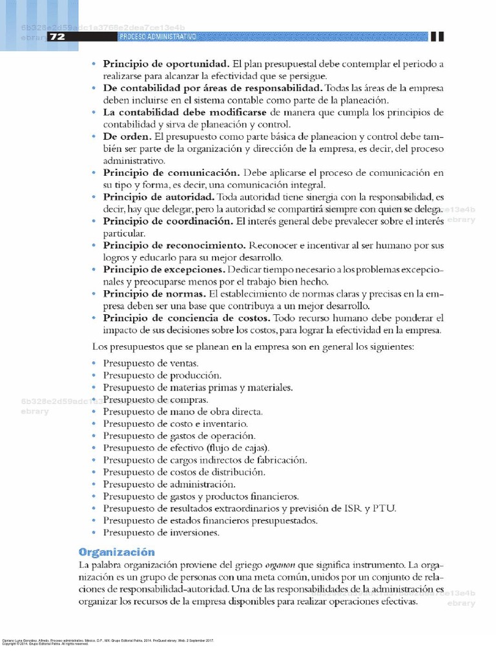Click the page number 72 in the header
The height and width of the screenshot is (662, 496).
[57, 37]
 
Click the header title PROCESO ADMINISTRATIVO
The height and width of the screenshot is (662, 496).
[158, 37]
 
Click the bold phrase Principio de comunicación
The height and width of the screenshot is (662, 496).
[171, 173]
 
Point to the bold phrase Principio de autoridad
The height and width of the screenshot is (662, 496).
[159, 197]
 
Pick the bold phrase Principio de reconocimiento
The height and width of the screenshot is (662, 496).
[174, 246]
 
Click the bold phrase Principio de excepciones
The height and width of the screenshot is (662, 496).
[165, 270]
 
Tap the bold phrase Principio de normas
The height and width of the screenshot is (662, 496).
[152, 294]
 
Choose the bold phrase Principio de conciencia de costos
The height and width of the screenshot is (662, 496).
[187, 318]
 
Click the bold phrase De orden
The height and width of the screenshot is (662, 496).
[126, 137]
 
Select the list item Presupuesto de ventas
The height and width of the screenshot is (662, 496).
[150, 363]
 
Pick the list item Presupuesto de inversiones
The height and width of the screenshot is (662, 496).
[161, 533]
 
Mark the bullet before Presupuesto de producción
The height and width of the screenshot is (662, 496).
[94, 376]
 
